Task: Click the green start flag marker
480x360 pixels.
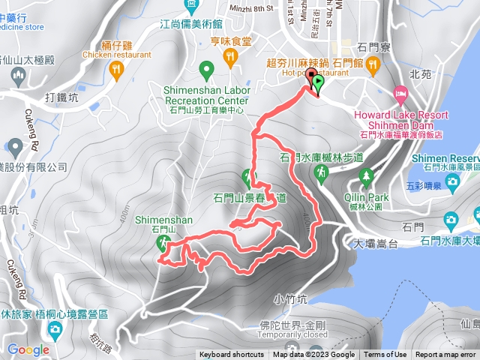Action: pos(318,83)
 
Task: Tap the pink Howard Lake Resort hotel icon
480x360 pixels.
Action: pos(400,94)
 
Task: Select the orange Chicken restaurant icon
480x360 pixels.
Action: pos(115,70)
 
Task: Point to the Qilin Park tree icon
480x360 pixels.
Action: pos(367,177)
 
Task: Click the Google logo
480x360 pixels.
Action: pos(28,349)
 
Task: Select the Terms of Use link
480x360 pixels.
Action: pos(385,355)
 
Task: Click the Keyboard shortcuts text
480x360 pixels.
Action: pos(231,355)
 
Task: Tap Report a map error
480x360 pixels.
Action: pos(446,355)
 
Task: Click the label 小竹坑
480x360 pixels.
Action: pos(289,298)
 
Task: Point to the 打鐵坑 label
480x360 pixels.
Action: pos(61,97)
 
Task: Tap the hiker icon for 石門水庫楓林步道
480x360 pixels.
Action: pos(321,172)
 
